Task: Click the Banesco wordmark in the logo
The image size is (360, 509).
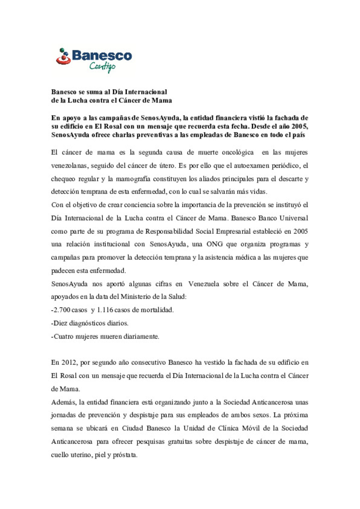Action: [102, 55]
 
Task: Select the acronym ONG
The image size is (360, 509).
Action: [214, 244]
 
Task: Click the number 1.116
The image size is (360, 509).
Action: [105, 310]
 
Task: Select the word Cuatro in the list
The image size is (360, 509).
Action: [63, 336]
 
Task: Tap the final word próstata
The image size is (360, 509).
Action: [125, 455]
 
